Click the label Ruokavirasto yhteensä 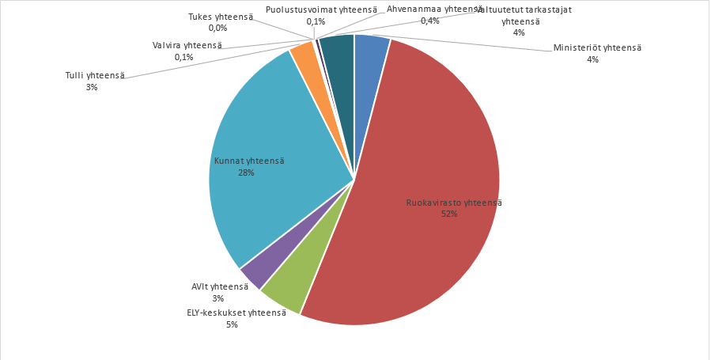click(x=454, y=203)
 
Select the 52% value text click(x=449, y=214)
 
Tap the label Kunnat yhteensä click(x=249, y=161)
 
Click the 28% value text click(x=246, y=172)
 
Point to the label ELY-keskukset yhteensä click(x=236, y=313)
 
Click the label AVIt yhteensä click(x=220, y=286)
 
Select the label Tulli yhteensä click(x=95, y=75)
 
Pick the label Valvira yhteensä click(x=187, y=46)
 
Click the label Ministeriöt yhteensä click(x=597, y=47)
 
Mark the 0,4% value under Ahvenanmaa click(x=430, y=21)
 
